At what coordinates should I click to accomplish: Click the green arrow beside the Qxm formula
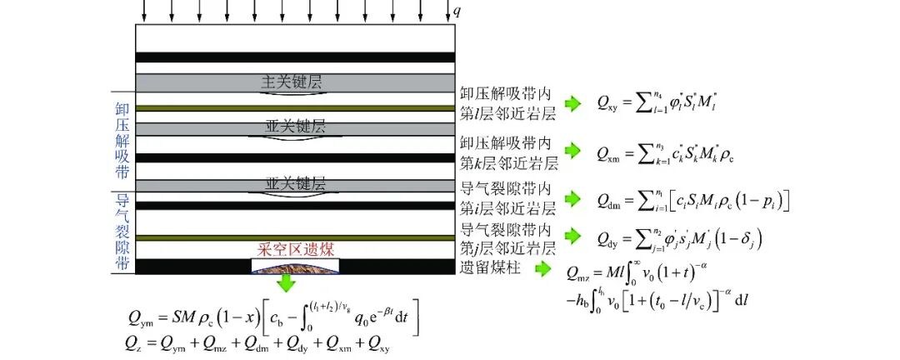click(x=572, y=151)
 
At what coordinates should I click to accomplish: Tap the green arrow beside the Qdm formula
click(x=572, y=199)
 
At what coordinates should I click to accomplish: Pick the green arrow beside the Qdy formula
click(x=572, y=238)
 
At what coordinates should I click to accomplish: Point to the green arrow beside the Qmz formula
click(x=542, y=268)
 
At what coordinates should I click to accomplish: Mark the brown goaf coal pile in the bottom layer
click(x=295, y=265)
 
